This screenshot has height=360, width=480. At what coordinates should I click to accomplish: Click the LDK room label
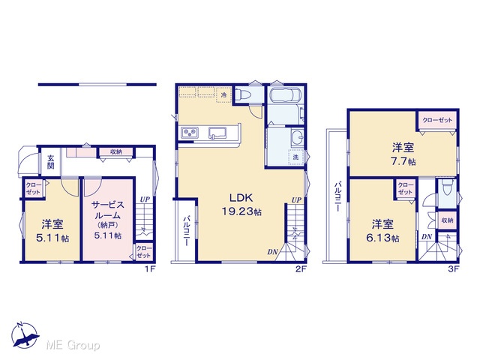(x=241, y=198)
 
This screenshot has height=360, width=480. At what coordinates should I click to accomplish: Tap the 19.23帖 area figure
(x=241, y=211)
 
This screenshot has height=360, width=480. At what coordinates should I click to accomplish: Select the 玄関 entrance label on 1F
(x=51, y=162)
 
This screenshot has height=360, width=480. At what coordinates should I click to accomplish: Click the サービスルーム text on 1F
(x=107, y=210)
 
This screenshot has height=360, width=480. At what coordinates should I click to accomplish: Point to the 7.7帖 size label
(x=403, y=162)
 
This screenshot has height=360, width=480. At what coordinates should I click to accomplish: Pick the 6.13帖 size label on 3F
(x=382, y=238)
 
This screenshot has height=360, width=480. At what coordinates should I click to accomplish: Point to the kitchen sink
(x=217, y=133)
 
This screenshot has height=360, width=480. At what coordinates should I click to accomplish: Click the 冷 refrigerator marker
(x=223, y=95)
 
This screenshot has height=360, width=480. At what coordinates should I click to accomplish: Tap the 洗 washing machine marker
(x=295, y=157)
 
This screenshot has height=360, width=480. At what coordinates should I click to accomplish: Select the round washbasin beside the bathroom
(x=297, y=136)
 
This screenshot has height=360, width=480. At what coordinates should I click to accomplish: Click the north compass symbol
(x=25, y=335)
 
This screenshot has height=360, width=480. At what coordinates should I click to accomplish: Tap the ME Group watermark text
(x=73, y=345)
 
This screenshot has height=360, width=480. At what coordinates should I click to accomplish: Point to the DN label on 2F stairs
(x=272, y=252)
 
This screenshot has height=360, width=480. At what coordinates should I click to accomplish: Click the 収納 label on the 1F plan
(x=116, y=151)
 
